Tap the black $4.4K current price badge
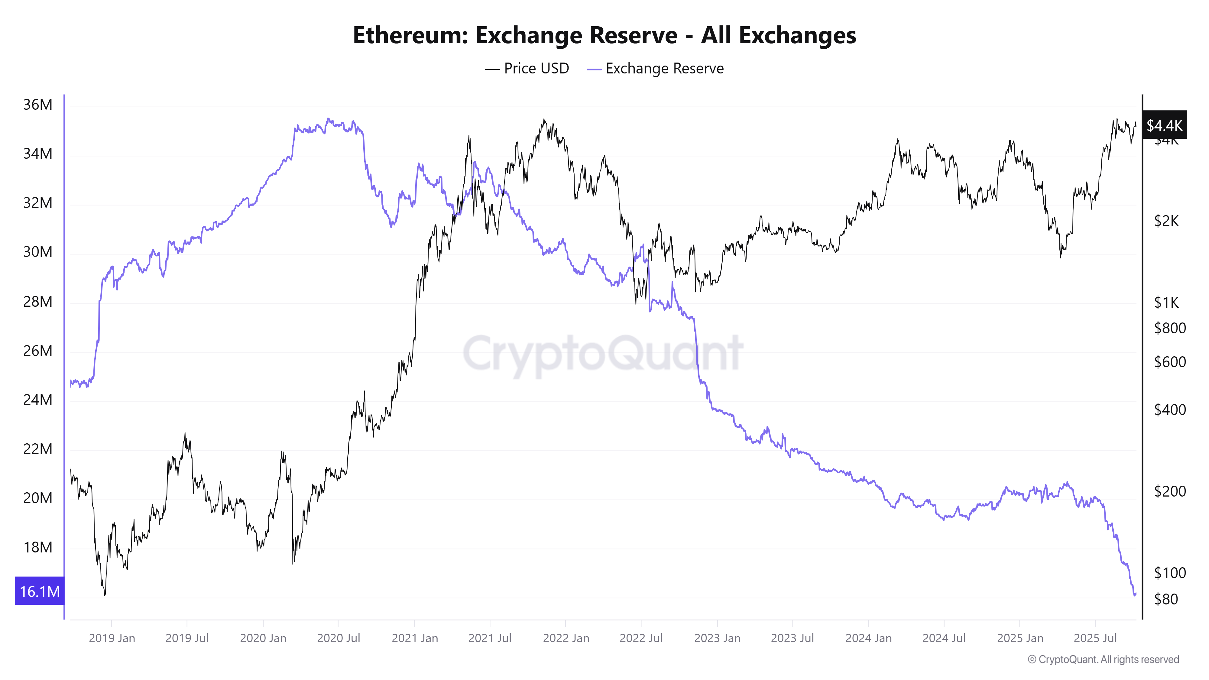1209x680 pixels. pyautogui.click(x=1164, y=125)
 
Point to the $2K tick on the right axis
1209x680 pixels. pyautogui.click(x=1166, y=221)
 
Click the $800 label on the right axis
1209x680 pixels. pyautogui.click(x=1170, y=328)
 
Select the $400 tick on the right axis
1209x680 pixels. pyautogui.click(x=1170, y=410)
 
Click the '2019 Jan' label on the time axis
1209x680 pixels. pyautogui.click(x=112, y=638)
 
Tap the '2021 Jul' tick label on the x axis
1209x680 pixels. pyautogui.click(x=490, y=638)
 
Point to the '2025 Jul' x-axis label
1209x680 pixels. pyautogui.click(x=1095, y=638)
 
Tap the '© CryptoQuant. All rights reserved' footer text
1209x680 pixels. pyautogui.click(x=1103, y=659)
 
